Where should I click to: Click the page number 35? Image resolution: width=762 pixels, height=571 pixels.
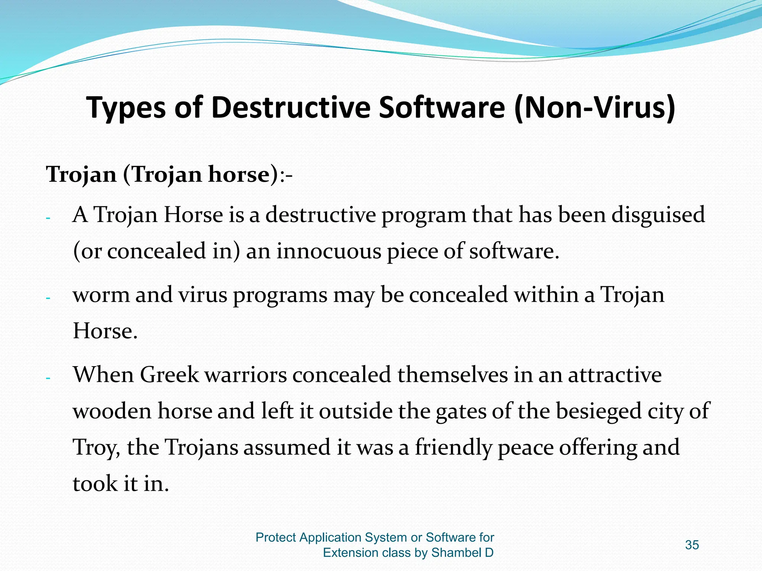pyautogui.click(x=692, y=545)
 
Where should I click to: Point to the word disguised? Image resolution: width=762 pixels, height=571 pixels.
pyautogui.click(x=658, y=216)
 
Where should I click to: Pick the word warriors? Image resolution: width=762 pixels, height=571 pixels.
pyautogui.click(x=246, y=375)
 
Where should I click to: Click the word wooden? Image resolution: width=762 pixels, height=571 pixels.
pyautogui.click(x=112, y=411)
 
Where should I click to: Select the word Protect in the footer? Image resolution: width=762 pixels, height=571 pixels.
pyautogui.click(x=276, y=538)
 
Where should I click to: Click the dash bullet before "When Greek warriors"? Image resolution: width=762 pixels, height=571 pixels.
pyautogui.click(x=48, y=378)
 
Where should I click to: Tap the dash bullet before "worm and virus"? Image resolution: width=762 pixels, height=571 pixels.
pyautogui.click(x=48, y=298)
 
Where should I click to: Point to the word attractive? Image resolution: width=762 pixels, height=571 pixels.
pyautogui.click(x=615, y=375)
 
